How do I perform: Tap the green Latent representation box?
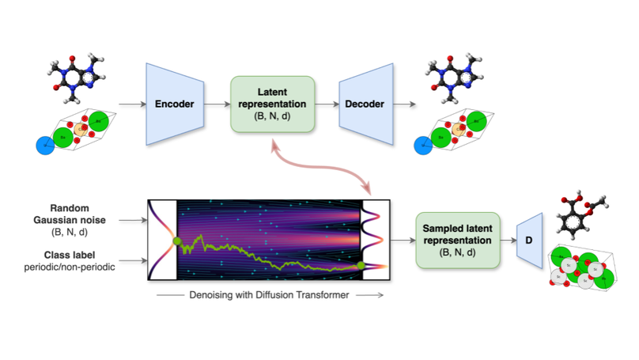(273, 103)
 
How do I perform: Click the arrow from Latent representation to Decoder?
(326, 104)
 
